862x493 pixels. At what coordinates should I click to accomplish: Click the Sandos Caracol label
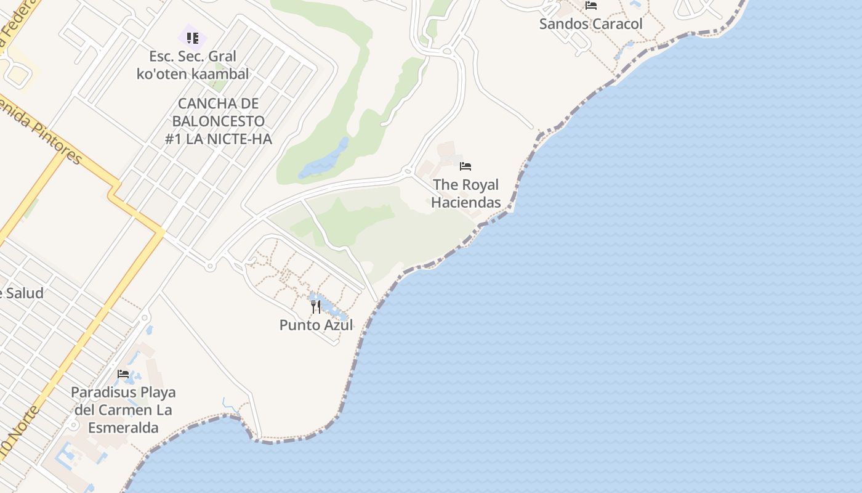(590, 24)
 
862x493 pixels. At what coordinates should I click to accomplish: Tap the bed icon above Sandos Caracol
(591, 6)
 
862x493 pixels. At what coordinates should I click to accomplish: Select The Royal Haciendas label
(465, 193)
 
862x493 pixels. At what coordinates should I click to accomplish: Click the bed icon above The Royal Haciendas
(465, 166)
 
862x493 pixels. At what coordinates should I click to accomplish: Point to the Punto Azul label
(316, 325)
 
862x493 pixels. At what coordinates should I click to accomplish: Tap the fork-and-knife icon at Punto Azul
(316, 306)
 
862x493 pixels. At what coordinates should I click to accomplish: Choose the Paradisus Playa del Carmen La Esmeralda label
(123, 410)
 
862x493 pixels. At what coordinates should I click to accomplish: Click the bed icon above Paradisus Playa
(123, 374)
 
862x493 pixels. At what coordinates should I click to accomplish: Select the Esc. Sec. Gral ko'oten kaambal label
(193, 65)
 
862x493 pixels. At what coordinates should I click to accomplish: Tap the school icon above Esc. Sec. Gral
(193, 38)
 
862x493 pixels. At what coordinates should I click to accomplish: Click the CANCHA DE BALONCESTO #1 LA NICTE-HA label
(219, 121)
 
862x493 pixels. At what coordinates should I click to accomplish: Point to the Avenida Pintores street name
(40, 129)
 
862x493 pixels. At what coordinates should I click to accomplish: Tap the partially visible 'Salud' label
(22, 293)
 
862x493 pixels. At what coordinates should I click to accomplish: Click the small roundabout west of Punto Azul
(210, 266)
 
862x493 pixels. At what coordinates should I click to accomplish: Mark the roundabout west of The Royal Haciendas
(406, 171)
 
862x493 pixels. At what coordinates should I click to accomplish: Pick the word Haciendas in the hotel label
(465, 202)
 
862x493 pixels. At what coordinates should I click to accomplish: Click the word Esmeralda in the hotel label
(123, 428)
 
